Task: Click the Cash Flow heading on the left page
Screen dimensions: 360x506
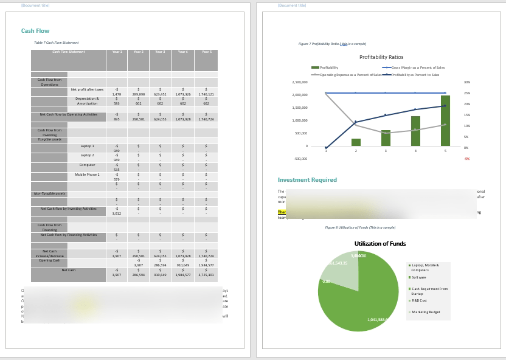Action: click(35, 31)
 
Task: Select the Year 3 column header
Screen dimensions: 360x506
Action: click(160, 52)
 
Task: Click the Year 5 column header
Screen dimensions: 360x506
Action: click(206, 52)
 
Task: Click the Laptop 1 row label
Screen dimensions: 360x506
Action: click(88, 146)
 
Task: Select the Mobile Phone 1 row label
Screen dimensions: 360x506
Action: click(88, 175)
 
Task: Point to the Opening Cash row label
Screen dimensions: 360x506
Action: click(49, 260)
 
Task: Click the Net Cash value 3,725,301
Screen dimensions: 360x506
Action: click(206, 275)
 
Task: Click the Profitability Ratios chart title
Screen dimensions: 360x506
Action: click(381, 57)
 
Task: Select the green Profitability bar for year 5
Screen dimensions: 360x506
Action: click(445, 120)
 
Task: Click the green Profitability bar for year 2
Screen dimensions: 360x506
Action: click(356, 142)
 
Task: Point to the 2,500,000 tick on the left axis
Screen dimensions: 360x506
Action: click(300, 82)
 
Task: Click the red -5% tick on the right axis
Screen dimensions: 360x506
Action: click(467, 159)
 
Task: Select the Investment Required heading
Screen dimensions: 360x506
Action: click(307, 180)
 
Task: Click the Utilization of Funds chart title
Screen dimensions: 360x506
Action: click(380, 244)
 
